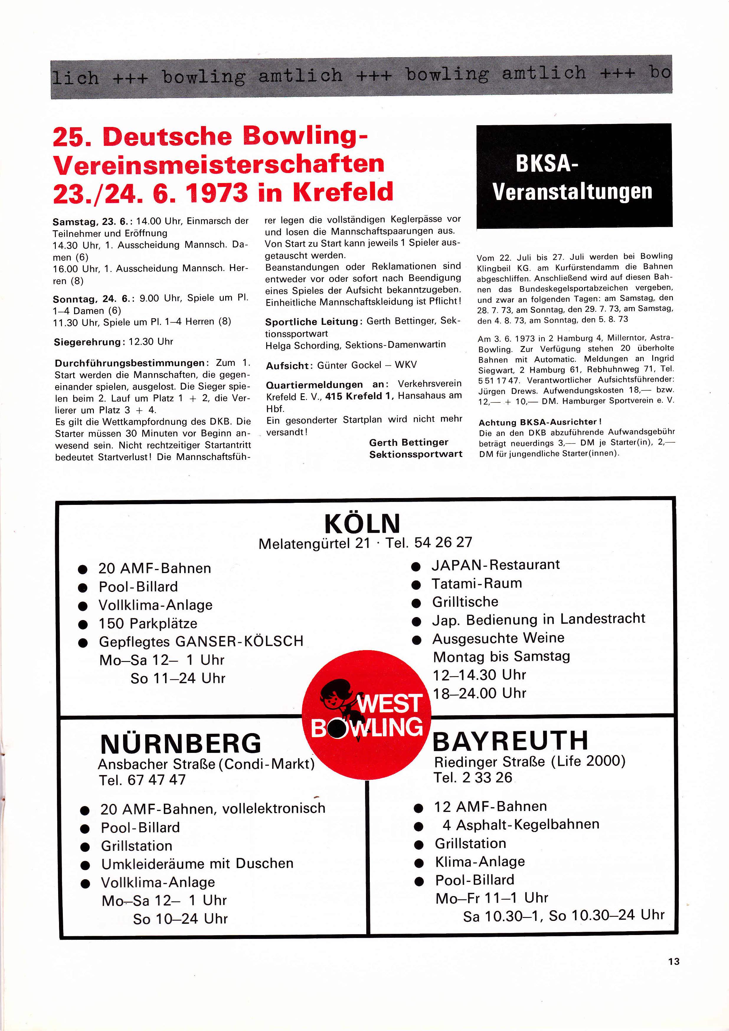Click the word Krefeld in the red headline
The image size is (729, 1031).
343,192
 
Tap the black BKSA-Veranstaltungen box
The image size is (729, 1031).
574,176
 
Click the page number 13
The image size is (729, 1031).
673,961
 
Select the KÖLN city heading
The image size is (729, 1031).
362,523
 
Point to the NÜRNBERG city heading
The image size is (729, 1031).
180,744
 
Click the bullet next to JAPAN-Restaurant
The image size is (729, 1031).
416,567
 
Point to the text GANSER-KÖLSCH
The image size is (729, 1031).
239,641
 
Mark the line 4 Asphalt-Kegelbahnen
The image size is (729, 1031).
521,824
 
